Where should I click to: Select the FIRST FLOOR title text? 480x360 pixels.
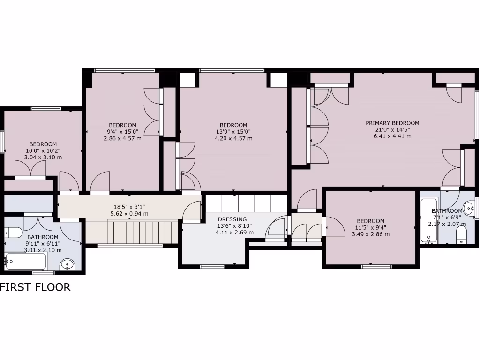(x=35, y=287)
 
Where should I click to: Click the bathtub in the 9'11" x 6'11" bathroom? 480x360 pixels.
(x=25, y=262)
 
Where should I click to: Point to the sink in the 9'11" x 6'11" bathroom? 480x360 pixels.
(x=68, y=265)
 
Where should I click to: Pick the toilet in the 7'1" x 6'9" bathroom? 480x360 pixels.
(x=462, y=235)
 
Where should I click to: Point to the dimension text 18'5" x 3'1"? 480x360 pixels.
(x=119, y=206)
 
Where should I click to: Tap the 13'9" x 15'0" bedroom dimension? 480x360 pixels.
(x=233, y=132)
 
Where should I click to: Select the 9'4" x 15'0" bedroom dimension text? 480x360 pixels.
(x=122, y=132)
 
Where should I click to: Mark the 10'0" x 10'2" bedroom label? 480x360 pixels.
(x=43, y=144)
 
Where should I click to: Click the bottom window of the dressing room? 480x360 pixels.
(x=213, y=267)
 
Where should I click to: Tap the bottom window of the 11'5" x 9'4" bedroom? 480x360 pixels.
(x=377, y=267)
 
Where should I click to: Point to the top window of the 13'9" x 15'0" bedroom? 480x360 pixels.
(x=232, y=71)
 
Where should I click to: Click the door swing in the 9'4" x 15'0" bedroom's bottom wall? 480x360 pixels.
(x=100, y=183)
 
